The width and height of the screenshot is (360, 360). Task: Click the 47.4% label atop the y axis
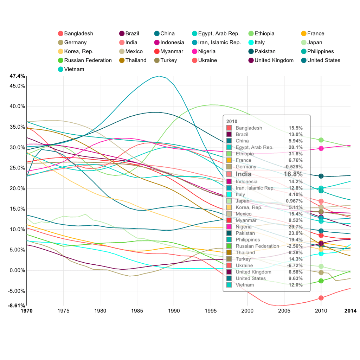tap(17, 76)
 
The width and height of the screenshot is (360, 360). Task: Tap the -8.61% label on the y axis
tap(17, 306)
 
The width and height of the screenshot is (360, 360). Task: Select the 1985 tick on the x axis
tap(137, 311)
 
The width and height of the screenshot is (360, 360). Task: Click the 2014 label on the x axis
tap(350, 311)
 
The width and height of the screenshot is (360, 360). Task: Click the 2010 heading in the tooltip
tap(232, 121)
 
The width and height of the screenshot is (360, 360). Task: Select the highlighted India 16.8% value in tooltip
tap(293, 174)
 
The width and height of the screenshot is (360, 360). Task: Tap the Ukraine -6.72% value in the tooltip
tap(295, 265)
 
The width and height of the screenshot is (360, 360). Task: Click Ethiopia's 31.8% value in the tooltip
tap(295, 154)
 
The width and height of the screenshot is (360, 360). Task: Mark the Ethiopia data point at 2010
tap(321, 140)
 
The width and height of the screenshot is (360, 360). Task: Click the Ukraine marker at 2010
tap(321, 298)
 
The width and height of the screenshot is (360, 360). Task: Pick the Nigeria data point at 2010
tap(321, 148)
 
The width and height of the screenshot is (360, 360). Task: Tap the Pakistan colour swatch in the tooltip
tap(229, 233)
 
